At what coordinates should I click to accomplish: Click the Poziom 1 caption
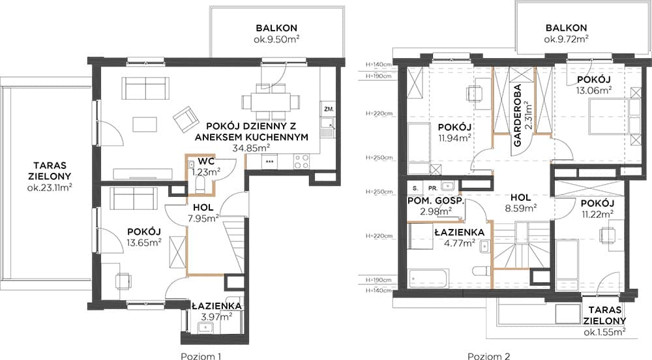pos(201,356)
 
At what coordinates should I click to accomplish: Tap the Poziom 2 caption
pos(488,356)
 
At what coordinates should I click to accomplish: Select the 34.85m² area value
pos(252,147)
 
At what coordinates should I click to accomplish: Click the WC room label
pos(206,161)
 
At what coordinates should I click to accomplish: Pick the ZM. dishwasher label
pos(329,110)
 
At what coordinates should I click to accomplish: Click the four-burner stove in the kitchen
pos(301,161)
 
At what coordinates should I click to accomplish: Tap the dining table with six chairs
pos(271,102)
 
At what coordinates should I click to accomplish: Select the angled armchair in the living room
pos(185,119)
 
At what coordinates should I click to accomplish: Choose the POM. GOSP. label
pos(436,201)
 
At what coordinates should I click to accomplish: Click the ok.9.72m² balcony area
pos(566,39)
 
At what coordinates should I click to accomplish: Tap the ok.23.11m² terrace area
pos(50,187)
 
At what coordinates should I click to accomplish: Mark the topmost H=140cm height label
pos(378,65)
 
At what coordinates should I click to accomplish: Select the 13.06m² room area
pos(593,90)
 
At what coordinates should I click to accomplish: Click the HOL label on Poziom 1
pos(203,207)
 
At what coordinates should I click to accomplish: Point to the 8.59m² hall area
pos(520,208)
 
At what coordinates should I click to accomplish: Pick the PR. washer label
pos(433,188)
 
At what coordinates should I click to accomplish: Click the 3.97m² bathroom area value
pos(216,317)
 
